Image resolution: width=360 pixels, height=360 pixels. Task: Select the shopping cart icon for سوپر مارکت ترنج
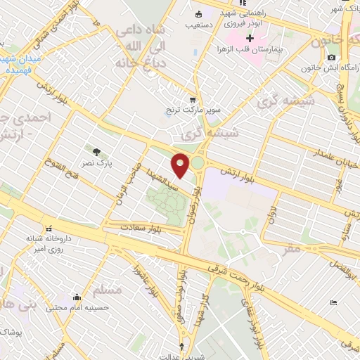pyautogui.click(x=193, y=99)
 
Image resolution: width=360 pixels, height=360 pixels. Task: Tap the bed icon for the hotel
pyautogui.click(x=333, y=302)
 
